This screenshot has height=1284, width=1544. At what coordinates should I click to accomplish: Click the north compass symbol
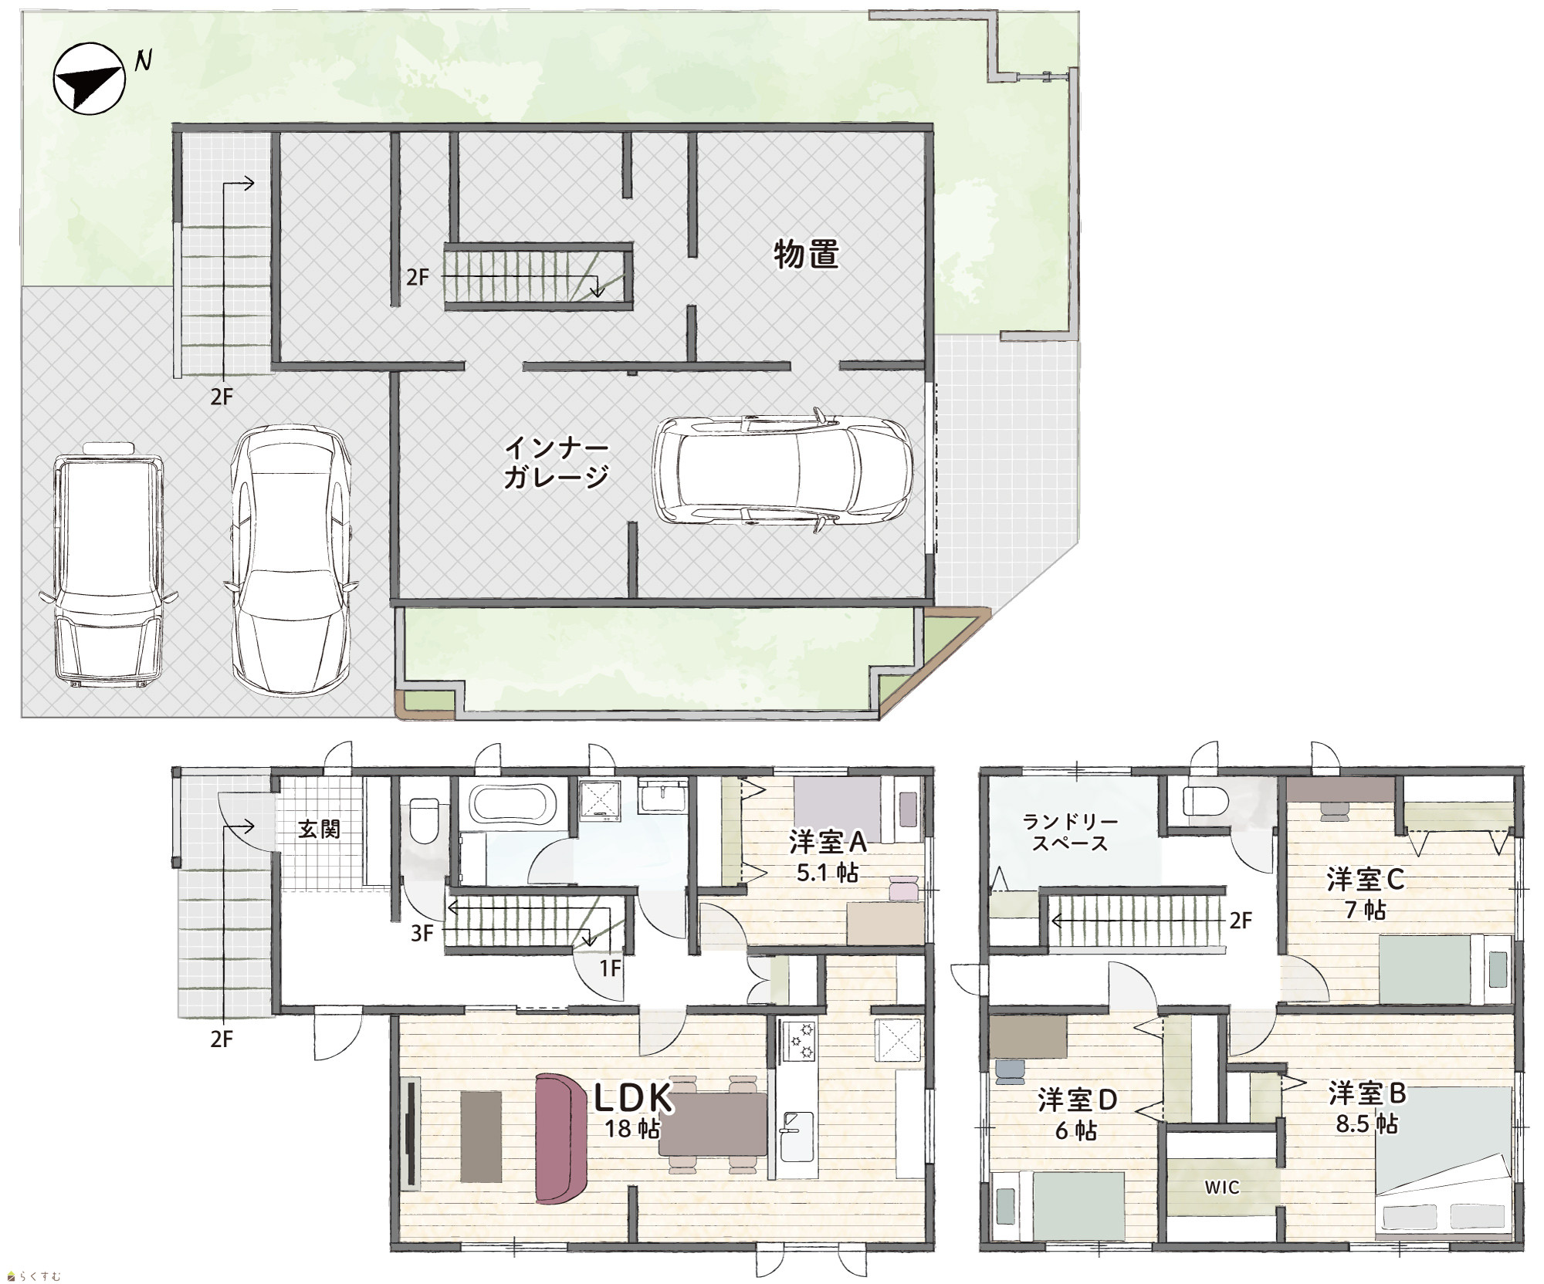89,79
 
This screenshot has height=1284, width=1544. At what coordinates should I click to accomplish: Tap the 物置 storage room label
806,254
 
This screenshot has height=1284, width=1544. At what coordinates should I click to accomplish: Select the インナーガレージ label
556,462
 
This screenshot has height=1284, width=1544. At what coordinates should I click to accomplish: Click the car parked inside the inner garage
782,471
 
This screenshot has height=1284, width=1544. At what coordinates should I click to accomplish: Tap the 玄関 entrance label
319,830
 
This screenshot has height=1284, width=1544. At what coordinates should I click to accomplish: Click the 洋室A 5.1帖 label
828,856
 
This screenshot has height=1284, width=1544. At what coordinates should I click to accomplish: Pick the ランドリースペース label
1070,832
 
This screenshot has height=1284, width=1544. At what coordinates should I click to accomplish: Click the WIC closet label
1222,1188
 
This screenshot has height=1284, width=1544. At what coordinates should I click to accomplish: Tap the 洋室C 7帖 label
1366,894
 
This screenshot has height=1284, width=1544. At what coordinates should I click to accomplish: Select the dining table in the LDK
713,1123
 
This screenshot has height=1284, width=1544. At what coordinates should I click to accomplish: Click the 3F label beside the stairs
422,934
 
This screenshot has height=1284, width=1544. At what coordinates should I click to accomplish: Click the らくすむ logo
33,1276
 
